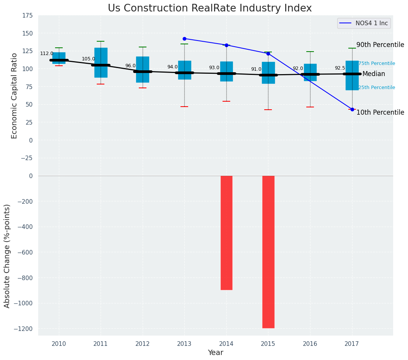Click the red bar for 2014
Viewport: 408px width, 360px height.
[x=226, y=232]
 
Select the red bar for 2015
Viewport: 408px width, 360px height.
[x=268, y=251]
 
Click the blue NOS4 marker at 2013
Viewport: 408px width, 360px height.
[x=184, y=39]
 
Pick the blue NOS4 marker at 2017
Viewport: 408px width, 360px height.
[x=352, y=109]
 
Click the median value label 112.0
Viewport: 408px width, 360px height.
[x=47, y=54]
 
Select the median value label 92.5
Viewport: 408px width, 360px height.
[x=340, y=68]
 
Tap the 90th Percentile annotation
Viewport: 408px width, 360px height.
[x=380, y=45]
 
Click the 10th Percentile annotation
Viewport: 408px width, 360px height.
[x=380, y=112]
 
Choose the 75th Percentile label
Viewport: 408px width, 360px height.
[x=377, y=63]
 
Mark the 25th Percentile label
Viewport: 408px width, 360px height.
[x=377, y=88]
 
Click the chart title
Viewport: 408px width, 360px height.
[x=210, y=8]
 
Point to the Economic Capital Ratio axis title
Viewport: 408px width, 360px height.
[x=14, y=96]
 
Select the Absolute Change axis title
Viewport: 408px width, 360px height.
[x=7, y=256]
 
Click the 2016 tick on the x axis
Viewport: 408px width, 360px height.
[x=310, y=344]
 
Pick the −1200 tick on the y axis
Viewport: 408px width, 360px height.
[x=25, y=329]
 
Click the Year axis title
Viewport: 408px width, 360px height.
[x=215, y=353]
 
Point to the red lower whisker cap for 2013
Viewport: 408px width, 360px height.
[x=184, y=107]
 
